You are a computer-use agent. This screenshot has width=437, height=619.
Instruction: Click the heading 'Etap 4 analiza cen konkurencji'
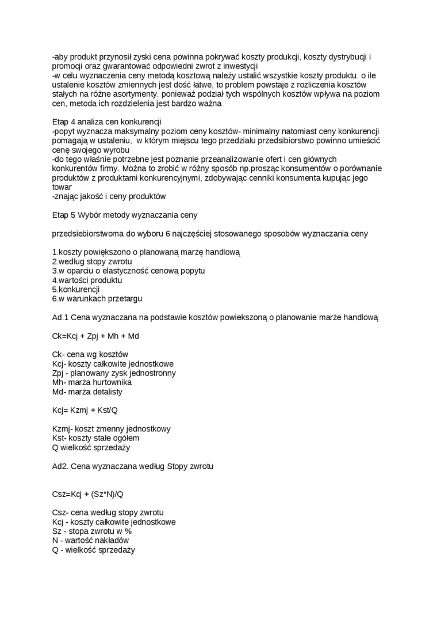point(106,122)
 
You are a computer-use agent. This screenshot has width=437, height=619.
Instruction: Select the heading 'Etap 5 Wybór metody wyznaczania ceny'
point(124,215)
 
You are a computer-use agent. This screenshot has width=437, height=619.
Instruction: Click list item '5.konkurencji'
point(76,289)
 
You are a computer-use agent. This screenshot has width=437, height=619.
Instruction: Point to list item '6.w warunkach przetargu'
point(97,299)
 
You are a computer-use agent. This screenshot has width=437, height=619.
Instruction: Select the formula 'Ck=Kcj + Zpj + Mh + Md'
point(95,336)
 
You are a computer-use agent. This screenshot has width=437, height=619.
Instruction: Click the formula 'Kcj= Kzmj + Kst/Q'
point(85,410)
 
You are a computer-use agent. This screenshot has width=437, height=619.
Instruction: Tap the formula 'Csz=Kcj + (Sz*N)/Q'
point(88,494)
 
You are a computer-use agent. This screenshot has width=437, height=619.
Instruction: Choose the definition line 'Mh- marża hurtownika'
point(91,382)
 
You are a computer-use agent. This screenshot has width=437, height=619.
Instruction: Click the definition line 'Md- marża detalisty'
point(87,392)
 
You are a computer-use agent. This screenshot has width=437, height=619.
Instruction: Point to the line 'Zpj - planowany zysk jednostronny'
point(114,373)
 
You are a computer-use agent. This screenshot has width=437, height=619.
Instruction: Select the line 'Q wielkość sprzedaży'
point(91,447)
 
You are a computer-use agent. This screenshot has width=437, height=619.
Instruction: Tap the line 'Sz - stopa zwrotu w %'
point(92,531)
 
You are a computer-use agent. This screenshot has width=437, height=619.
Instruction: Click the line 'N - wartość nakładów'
point(90,541)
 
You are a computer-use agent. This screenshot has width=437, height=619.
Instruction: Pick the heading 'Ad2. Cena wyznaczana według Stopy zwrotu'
point(132,466)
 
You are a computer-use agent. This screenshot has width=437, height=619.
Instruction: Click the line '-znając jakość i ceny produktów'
point(109,196)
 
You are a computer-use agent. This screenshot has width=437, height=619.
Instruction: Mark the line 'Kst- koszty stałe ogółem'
point(95,438)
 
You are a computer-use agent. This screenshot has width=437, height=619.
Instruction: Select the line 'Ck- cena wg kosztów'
point(90,354)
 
